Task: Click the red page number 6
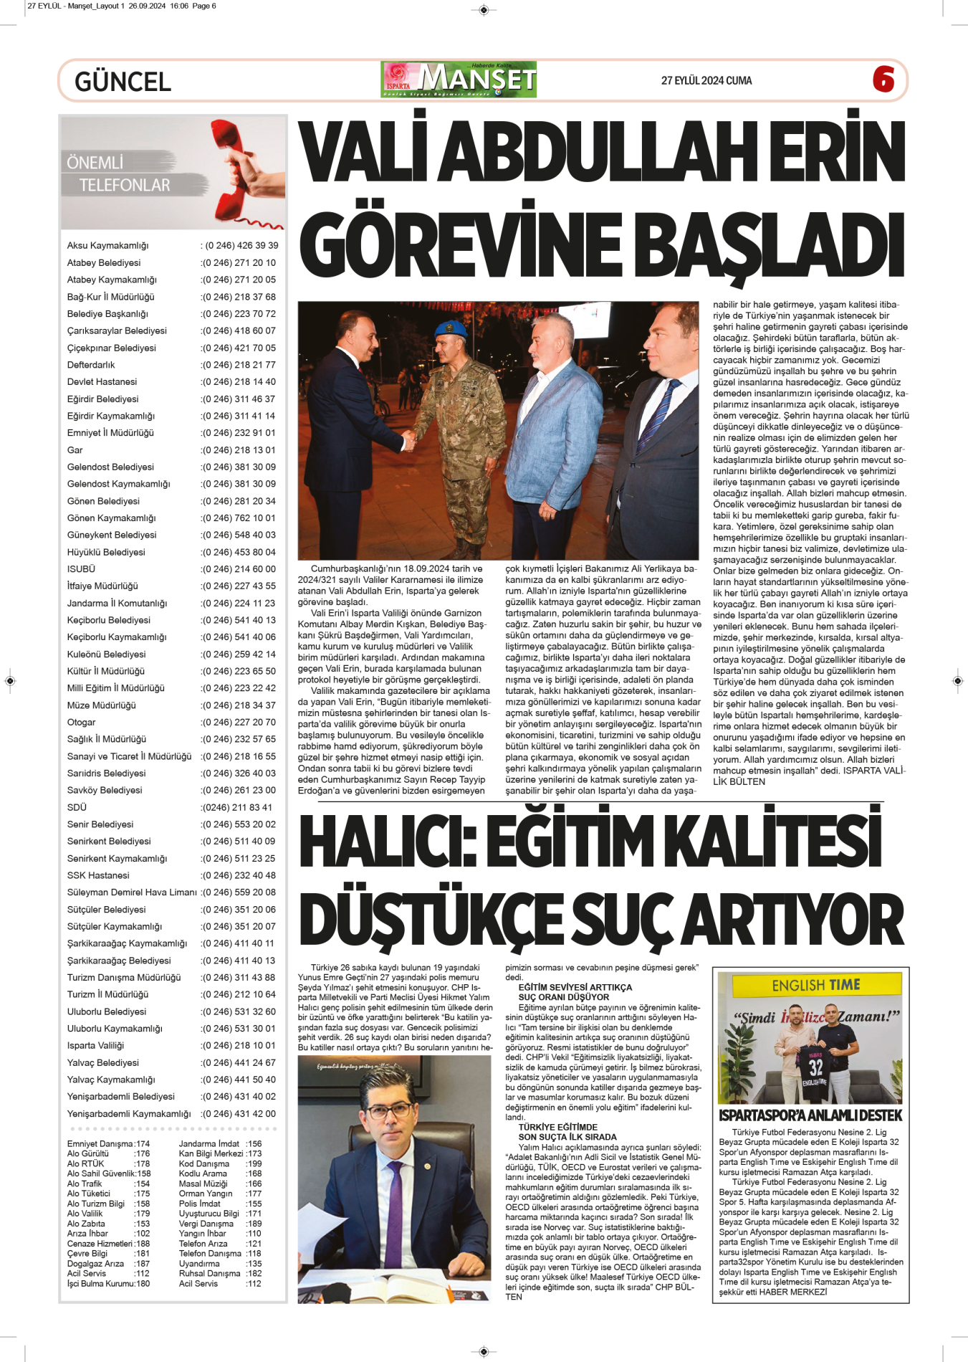(x=883, y=80)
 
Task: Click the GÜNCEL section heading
(x=123, y=82)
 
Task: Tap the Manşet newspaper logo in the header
(x=459, y=80)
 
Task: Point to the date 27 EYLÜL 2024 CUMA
(x=706, y=81)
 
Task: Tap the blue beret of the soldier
(x=451, y=329)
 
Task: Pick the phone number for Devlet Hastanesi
(x=239, y=382)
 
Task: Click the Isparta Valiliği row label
(x=95, y=1046)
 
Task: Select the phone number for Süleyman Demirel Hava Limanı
(x=239, y=892)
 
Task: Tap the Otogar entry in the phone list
(x=81, y=723)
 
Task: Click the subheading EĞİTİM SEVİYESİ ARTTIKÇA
(x=575, y=987)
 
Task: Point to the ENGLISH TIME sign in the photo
(x=815, y=985)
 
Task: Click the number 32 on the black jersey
(x=816, y=1067)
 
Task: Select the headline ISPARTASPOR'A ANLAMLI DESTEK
(x=810, y=1115)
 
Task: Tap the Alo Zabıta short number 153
(x=142, y=1224)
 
